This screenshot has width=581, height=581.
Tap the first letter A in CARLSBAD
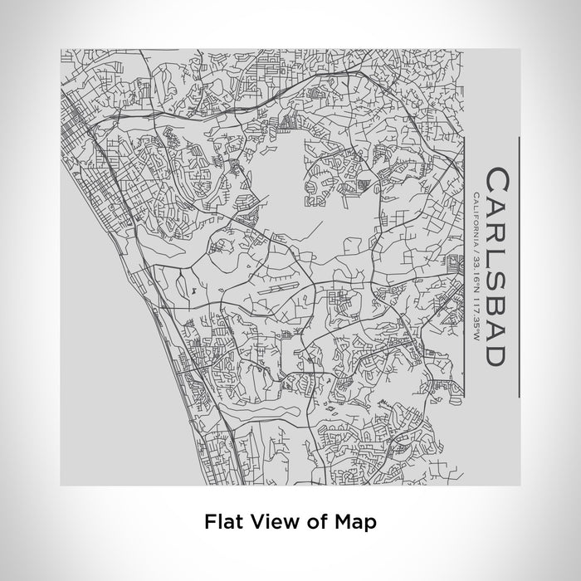coord(496,204)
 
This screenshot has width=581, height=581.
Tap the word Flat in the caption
coord(219,522)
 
